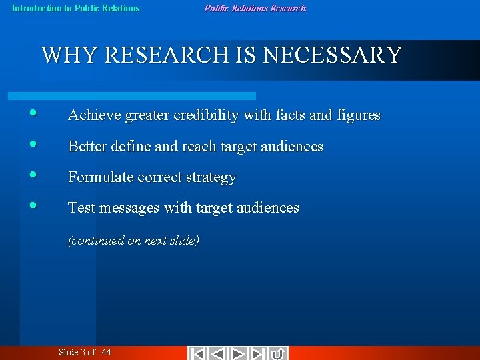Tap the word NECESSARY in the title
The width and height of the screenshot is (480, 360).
coord(333,55)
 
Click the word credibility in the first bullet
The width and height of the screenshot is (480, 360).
coord(206,115)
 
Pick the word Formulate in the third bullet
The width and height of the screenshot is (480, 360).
coord(101,177)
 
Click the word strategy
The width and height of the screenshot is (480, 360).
coord(211,178)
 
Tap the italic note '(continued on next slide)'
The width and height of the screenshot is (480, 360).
coord(133,241)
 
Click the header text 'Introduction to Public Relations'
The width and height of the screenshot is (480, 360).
coord(76,9)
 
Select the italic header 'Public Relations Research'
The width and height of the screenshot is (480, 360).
coord(255,9)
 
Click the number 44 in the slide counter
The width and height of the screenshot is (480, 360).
coord(107,353)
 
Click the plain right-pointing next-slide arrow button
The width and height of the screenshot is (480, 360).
coord(238,353)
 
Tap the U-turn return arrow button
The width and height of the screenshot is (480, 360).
coord(278,353)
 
